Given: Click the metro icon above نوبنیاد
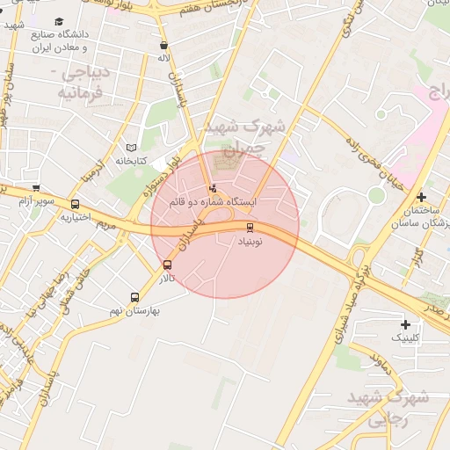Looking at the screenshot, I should tap(250, 228).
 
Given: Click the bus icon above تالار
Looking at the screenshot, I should tap(167, 265).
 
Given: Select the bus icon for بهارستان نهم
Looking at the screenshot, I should tap(134, 297).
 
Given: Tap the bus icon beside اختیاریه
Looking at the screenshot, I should tap(74, 205).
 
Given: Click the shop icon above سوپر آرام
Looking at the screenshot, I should tap(36, 187).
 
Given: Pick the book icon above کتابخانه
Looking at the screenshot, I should tap(131, 148).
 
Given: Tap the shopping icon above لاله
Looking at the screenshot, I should tap(163, 45).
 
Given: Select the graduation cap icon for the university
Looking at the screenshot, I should tap(59, 22).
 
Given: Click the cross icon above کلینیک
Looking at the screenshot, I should tap(404, 324).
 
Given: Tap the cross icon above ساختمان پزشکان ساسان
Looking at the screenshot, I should tap(422, 196).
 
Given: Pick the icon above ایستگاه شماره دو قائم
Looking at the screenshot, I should tap(212, 188).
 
